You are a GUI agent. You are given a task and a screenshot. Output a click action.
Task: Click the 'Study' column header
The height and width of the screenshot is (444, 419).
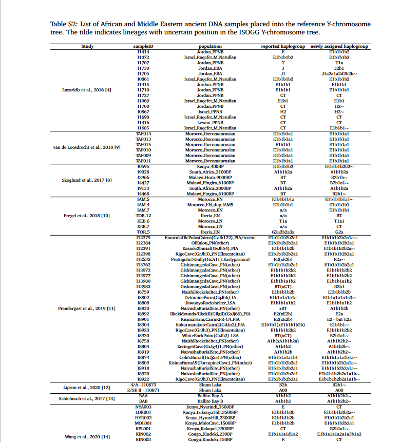point(87,47)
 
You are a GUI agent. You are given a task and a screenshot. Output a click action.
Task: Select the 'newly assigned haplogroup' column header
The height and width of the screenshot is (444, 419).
point(339,47)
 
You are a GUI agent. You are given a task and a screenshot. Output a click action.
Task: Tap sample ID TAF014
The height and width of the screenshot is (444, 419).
point(143,133)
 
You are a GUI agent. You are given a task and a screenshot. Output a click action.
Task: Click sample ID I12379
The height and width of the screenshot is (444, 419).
point(143,238)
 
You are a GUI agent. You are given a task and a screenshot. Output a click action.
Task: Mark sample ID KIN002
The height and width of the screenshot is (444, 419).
point(143,434)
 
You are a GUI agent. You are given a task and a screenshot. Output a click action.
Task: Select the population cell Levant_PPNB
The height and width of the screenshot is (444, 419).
point(211,123)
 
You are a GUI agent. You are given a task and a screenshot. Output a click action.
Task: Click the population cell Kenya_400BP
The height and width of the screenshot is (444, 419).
point(211,166)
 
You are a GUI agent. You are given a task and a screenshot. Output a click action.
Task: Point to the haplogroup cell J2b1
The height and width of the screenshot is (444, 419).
point(339,68)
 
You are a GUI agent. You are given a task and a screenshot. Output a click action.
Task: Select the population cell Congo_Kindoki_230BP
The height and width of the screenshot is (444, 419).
point(211,434)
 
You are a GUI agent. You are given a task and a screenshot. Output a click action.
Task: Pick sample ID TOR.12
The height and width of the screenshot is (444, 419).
point(143,216)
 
